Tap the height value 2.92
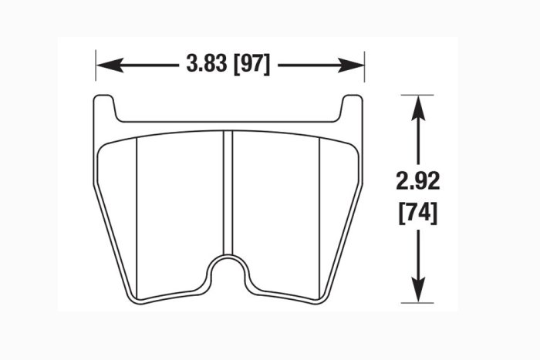[x=417, y=183]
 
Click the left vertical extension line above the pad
[x=96, y=66]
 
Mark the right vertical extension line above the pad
[x=364, y=66]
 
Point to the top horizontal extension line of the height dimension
[x=417, y=95]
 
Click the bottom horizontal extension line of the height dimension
[x=417, y=302]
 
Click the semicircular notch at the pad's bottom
[x=229, y=271]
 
